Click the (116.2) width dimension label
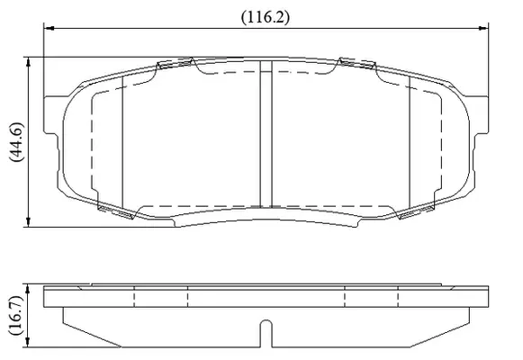pyautogui.click(x=266, y=17)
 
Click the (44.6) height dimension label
pyautogui.click(x=16, y=142)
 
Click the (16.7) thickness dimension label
pyautogui.click(x=16, y=315)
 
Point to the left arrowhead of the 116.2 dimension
pyautogui.click(x=49, y=28)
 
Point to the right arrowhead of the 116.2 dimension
pyautogui.click(x=483, y=28)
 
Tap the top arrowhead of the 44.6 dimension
pyautogui.click(x=28, y=62)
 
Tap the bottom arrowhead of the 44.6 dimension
pyautogui.click(x=28, y=222)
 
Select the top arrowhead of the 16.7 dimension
pyautogui.click(x=28, y=289)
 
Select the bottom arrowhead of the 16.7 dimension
pyautogui.click(x=28, y=342)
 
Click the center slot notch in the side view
pyautogui.click(x=266, y=333)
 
